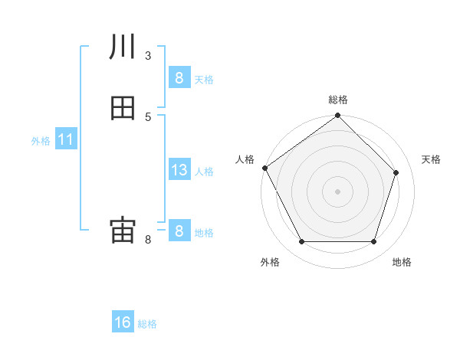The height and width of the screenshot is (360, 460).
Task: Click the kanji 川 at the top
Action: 123,47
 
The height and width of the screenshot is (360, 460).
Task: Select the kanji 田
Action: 123,108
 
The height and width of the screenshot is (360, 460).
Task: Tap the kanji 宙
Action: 123,231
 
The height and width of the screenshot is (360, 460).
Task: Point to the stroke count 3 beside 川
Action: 148,55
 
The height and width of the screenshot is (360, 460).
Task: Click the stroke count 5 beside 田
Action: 148,116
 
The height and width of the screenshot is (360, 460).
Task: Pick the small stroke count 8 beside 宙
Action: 148,240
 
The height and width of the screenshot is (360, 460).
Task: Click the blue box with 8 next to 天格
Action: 179,78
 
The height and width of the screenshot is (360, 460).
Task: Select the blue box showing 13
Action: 179,170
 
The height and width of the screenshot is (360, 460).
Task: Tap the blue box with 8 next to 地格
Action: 179,231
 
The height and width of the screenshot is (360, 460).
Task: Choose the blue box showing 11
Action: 66,140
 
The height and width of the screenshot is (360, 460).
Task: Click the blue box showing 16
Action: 123,322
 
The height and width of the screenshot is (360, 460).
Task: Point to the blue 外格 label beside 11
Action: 41,141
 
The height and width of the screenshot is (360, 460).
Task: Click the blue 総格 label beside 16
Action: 148,324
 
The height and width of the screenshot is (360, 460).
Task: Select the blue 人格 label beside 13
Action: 204,172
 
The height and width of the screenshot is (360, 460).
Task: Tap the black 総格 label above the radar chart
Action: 337,100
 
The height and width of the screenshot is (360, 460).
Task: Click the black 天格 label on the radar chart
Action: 431,159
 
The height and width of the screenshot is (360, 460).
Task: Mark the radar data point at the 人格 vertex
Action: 265,168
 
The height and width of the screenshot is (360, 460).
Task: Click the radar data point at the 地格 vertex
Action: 373,242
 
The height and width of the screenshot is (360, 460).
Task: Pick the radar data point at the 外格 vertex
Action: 301,242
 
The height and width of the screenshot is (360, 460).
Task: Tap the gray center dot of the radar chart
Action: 337,191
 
